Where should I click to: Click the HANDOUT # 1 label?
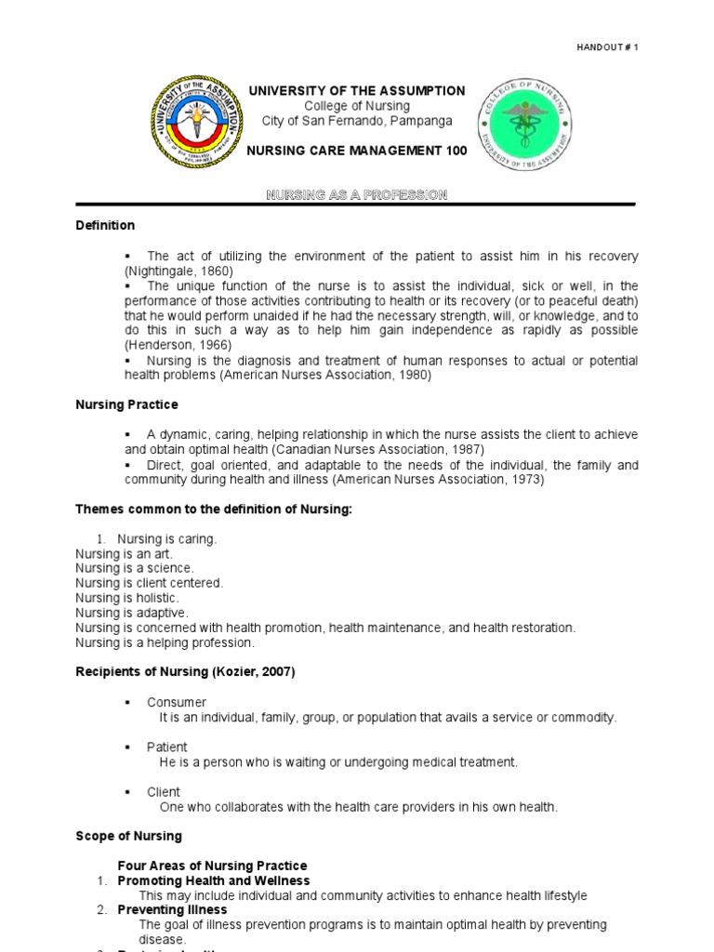(x=607, y=46)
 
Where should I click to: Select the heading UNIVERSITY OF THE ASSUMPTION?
(x=356, y=91)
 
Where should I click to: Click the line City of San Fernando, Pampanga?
(x=356, y=122)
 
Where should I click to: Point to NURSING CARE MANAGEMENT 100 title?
(x=356, y=151)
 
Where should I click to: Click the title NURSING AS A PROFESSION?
(x=357, y=194)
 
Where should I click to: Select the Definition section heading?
(x=105, y=226)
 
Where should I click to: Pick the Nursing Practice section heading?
(x=126, y=405)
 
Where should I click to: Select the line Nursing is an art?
(x=125, y=553)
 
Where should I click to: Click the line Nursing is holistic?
(x=127, y=598)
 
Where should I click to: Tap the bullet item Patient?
(x=166, y=747)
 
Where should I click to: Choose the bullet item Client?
(x=164, y=792)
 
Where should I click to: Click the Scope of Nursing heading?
(x=128, y=837)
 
